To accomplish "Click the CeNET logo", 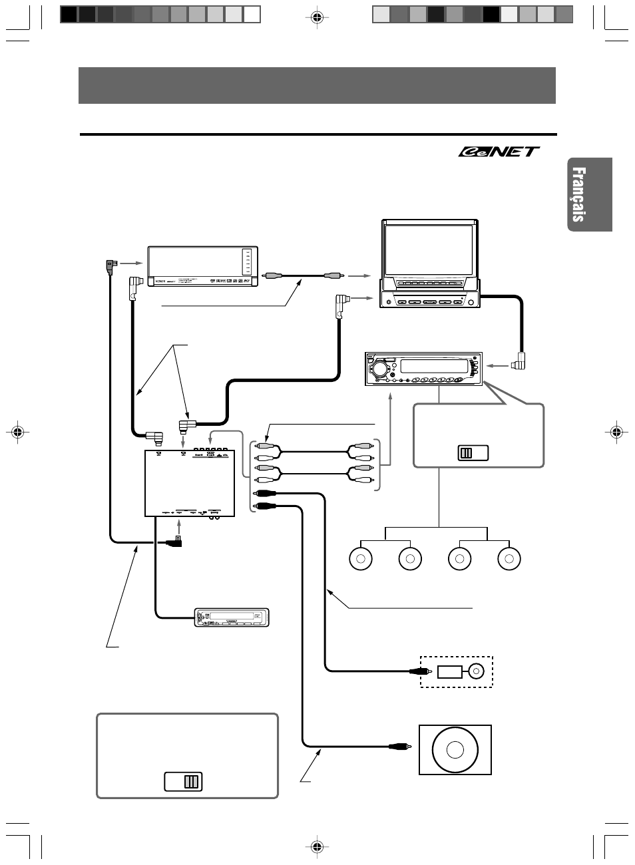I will [x=499, y=152].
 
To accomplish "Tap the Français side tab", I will [x=589, y=194].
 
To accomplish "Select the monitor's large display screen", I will [x=429, y=250].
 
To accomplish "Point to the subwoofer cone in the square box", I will [x=455, y=750].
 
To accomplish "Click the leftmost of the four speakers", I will [x=360, y=559].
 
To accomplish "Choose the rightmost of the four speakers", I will [x=509, y=559].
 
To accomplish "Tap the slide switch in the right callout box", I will [x=473, y=453].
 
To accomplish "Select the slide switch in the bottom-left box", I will [x=183, y=782].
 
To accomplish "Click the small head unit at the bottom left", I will [x=232, y=617].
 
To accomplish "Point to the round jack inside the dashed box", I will [x=477, y=671].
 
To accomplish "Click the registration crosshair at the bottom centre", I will [x=317, y=846].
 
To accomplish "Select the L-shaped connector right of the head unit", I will [x=519, y=363].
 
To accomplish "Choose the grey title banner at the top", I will [x=317, y=85].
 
